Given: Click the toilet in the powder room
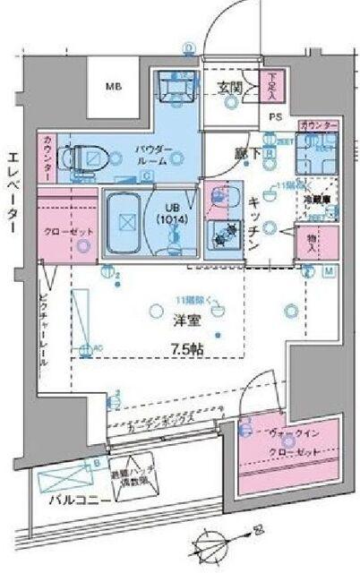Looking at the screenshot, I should tap(85, 158).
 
